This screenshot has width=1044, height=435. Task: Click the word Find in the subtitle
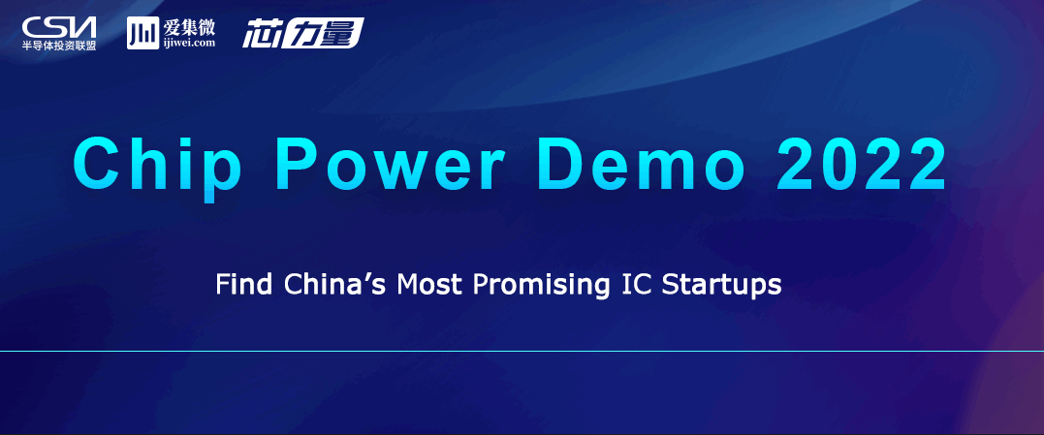point(243,285)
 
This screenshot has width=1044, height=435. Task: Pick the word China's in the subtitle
point(336,285)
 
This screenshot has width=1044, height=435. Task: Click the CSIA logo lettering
point(58,27)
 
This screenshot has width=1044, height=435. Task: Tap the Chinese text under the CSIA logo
point(58,46)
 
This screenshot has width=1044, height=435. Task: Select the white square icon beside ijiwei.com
point(142,33)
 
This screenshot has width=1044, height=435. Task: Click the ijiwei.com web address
point(188,43)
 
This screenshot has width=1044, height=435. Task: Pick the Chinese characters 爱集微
point(188,26)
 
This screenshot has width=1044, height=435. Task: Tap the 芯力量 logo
point(303,33)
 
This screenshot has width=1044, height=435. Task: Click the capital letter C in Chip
point(97,163)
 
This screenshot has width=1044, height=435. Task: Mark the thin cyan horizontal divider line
point(522,351)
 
